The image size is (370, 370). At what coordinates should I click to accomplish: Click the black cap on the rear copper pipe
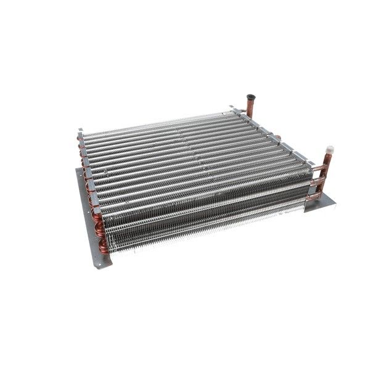point(250,97)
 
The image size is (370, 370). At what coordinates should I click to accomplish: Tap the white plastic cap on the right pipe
point(329,149)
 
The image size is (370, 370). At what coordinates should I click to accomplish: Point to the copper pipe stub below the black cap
point(250,109)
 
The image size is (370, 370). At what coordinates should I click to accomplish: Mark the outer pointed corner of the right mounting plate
point(335,201)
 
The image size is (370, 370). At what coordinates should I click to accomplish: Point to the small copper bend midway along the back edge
point(278,137)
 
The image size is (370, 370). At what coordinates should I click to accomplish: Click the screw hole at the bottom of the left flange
point(99,260)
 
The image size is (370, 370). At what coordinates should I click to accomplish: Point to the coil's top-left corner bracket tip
point(80,131)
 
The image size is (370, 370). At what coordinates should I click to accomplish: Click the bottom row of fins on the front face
point(203,231)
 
